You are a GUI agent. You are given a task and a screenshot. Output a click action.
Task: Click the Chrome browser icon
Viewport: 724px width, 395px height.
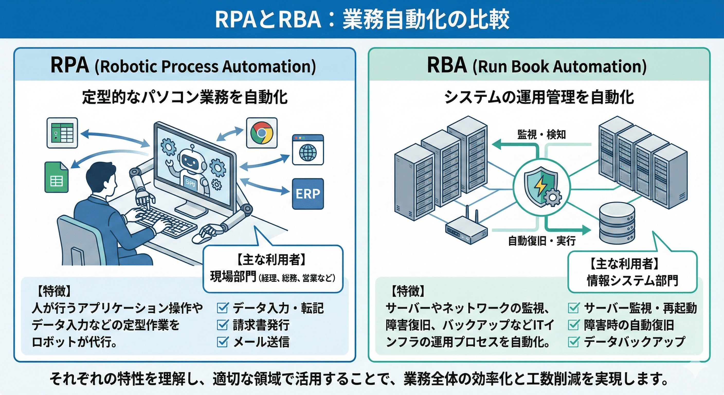[x=262, y=133]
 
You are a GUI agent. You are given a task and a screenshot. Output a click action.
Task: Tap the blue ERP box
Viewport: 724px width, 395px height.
[x=308, y=194]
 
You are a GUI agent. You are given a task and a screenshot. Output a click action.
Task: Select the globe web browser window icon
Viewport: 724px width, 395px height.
[x=308, y=150]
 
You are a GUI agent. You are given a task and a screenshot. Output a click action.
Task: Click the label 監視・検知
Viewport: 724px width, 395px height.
[x=541, y=135]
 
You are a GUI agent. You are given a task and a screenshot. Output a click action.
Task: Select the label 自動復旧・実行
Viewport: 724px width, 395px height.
[x=542, y=241]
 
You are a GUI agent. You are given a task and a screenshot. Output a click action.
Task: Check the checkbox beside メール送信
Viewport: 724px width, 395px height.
[x=222, y=342]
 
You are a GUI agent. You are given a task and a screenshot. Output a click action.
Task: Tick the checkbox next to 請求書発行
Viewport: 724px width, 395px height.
[x=222, y=325]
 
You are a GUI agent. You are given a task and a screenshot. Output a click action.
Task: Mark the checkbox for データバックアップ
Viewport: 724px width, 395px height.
[x=573, y=342]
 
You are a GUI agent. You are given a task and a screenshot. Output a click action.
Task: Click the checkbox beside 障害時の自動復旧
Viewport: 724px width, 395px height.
[x=573, y=325]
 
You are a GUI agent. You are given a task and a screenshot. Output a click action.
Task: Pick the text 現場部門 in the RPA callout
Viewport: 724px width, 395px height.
[x=233, y=277]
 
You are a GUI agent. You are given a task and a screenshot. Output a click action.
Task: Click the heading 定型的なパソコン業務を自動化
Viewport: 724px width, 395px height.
[x=185, y=97]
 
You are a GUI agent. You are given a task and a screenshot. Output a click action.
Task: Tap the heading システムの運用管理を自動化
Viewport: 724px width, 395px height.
[x=539, y=97]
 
